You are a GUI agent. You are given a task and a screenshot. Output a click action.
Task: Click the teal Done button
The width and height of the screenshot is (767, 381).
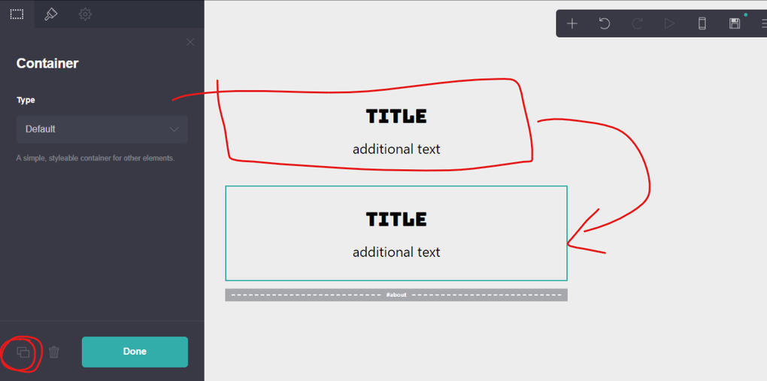[x=135, y=352]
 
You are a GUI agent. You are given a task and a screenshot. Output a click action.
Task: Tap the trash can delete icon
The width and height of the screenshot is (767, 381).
[x=54, y=352]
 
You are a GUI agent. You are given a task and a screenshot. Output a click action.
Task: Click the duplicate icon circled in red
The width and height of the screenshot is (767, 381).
[x=23, y=352]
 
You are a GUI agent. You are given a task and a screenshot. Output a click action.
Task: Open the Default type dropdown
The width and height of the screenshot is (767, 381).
[x=102, y=129]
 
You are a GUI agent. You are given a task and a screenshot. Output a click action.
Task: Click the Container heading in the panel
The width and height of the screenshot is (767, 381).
[x=47, y=64]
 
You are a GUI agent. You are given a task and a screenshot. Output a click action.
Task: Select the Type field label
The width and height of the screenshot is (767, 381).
[x=26, y=100]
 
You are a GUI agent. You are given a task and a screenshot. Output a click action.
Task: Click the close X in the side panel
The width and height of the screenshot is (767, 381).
[x=190, y=42]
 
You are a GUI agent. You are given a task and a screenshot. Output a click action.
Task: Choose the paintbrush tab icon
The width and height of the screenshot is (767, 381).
[x=51, y=14]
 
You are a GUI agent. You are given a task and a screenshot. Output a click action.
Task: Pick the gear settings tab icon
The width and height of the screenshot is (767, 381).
[x=85, y=14]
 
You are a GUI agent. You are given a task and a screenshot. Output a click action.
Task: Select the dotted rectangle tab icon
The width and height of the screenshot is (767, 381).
[x=17, y=14]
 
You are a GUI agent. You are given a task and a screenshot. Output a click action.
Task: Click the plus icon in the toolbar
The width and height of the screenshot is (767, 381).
[x=571, y=23]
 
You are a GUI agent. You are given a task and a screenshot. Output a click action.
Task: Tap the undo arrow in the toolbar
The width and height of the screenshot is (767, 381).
[x=605, y=23]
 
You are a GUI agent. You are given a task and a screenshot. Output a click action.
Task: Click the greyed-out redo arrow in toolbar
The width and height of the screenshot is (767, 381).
[x=637, y=23]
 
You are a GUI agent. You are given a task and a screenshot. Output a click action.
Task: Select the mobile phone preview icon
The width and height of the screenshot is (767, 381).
[x=702, y=23]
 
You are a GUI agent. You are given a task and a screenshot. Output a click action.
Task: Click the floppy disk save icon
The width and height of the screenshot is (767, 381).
[x=734, y=23]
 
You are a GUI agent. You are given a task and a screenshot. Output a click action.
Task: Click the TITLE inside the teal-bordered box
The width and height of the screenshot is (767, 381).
[x=396, y=219]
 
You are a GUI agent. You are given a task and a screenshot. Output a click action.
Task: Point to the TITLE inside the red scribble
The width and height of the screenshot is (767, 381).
[x=396, y=116]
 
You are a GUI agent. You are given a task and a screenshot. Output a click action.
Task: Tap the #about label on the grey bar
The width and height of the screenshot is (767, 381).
[x=396, y=295]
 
